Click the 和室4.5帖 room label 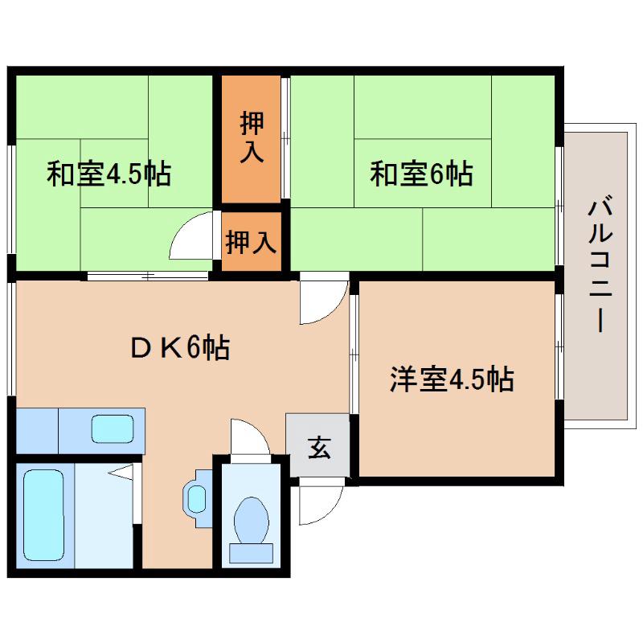tap(109, 174)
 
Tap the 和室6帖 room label tap(420, 174)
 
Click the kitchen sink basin tap(112, 428)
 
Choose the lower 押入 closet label tap(251, 240)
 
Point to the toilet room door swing tap(249, 438)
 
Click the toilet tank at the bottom tap(251, 552)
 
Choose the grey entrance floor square tap(317, 446)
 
